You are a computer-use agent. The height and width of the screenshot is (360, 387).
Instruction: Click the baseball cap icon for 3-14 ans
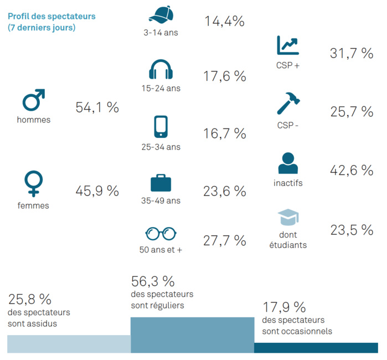click(x=161, y=15)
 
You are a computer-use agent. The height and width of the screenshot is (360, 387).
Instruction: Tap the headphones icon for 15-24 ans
click(x=161, y=70)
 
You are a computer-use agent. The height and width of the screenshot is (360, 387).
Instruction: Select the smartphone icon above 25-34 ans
click(x=161, y=127)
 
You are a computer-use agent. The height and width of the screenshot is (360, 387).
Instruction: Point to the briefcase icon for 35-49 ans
click(x=161, y=183)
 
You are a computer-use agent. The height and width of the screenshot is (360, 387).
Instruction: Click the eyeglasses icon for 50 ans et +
click(x=161, y=233)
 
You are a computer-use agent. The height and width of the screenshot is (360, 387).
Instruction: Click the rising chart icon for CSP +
click(x=287, y=45)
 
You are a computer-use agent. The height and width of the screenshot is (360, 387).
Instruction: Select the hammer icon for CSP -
click(x=288, y=104)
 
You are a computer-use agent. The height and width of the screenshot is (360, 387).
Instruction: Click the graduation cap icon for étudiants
click(x=288, y=218)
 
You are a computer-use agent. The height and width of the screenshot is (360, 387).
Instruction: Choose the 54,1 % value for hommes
click(x=97, y=107)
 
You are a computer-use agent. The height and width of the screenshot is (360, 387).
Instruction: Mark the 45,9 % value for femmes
click(x=97, y=191)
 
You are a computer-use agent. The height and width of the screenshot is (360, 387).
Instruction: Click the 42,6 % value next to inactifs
click(x=352, y=171)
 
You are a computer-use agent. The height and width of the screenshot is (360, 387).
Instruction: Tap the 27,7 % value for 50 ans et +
click(x=224, y=240)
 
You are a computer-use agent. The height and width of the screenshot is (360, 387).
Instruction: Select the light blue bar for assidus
click(x=69, y=344)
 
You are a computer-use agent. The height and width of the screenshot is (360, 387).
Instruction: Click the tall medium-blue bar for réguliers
click(x=192, y=335)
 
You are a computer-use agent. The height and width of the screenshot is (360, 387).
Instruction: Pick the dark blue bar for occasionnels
click(x=316, y=347)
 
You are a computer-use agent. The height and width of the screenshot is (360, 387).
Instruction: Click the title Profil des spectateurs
click(x=51, y=16)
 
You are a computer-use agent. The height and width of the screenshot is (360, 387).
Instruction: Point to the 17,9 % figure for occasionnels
click(x=283, y=307)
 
